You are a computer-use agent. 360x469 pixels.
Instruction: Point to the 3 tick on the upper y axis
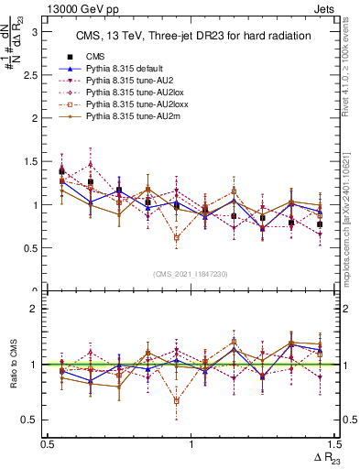(38, 31)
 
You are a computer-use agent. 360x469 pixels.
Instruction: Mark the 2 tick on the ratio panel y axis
(38, 310)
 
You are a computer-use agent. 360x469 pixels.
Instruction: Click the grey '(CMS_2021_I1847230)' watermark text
(190, 275)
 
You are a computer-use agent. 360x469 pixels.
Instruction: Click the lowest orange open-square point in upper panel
(177, 237)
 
